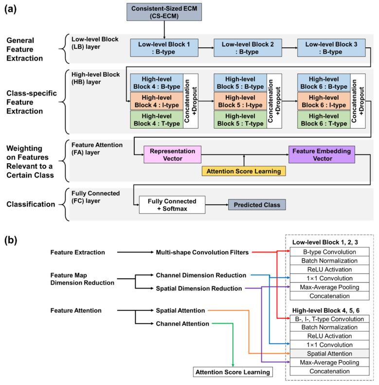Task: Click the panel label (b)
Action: tap(11, 241)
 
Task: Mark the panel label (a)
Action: tap(11, 10)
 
